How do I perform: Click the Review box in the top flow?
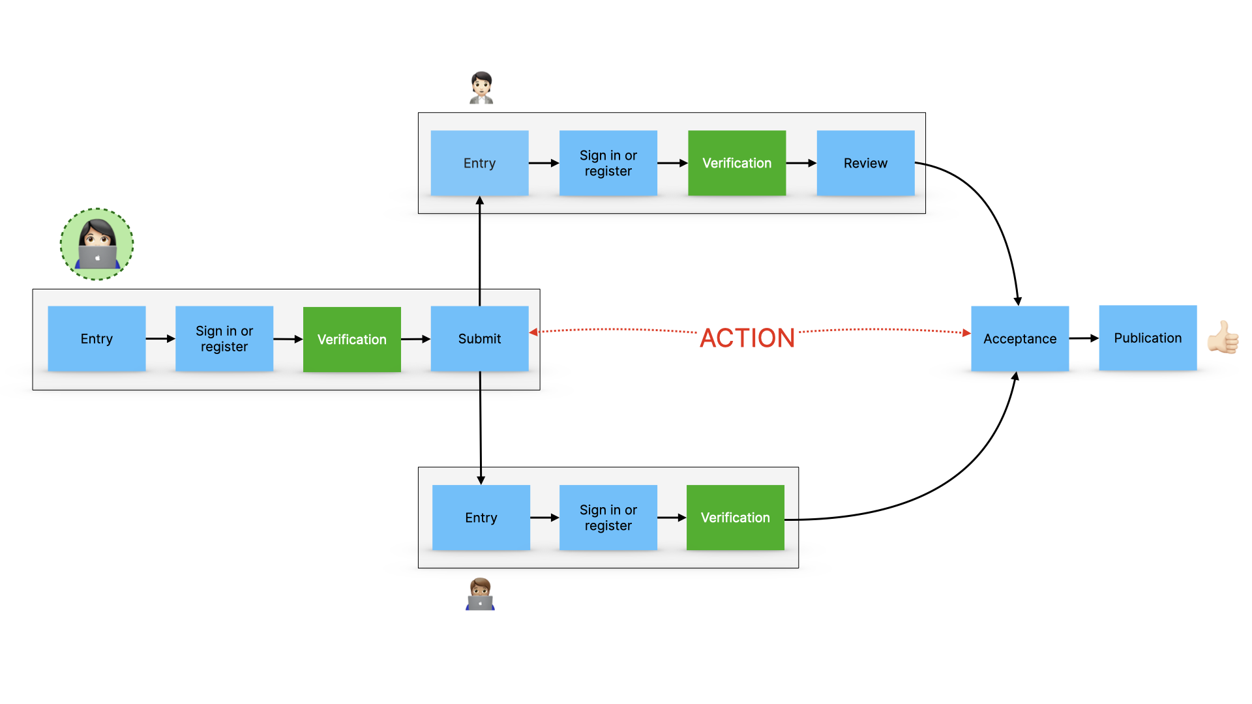click(865, 163)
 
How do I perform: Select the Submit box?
click(479, 338)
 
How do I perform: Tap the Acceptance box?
click(1019, 338)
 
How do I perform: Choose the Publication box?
click(1148, 338)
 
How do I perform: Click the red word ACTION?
click(747, 338)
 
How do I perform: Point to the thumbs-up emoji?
click(1223, 337)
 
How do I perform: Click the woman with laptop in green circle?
click(97, 244)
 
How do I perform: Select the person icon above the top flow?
click(481, 88)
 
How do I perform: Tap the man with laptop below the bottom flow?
click(480, 594)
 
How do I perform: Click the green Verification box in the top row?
click(737, 163)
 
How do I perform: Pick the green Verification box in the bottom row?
click(735, 518)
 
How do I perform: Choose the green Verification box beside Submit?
click(351, 339)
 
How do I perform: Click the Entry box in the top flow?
click(479, 163)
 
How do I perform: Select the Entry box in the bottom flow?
click(481, 518)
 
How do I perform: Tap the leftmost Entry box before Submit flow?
click(97, 338)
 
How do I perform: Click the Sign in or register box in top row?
click(608, 163)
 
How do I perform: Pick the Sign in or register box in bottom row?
click(608, 518)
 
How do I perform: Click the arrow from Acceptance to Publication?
click(1084, 338)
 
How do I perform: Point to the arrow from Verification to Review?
click(801, 163)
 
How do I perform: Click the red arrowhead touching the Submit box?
click(533, 332)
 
